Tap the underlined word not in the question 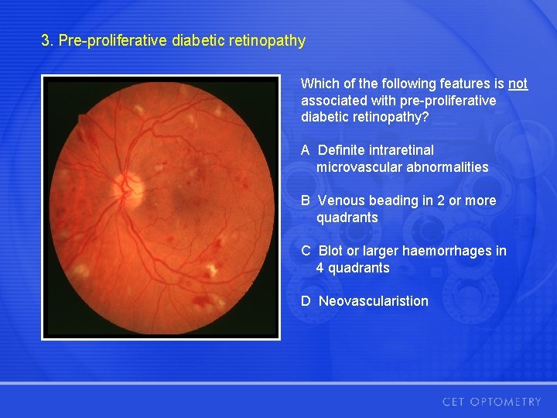518,84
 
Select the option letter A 306,150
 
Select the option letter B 306,200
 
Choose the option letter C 306,251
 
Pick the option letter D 306,301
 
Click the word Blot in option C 330,251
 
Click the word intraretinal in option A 401,150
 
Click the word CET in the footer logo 455,402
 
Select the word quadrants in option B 347,218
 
